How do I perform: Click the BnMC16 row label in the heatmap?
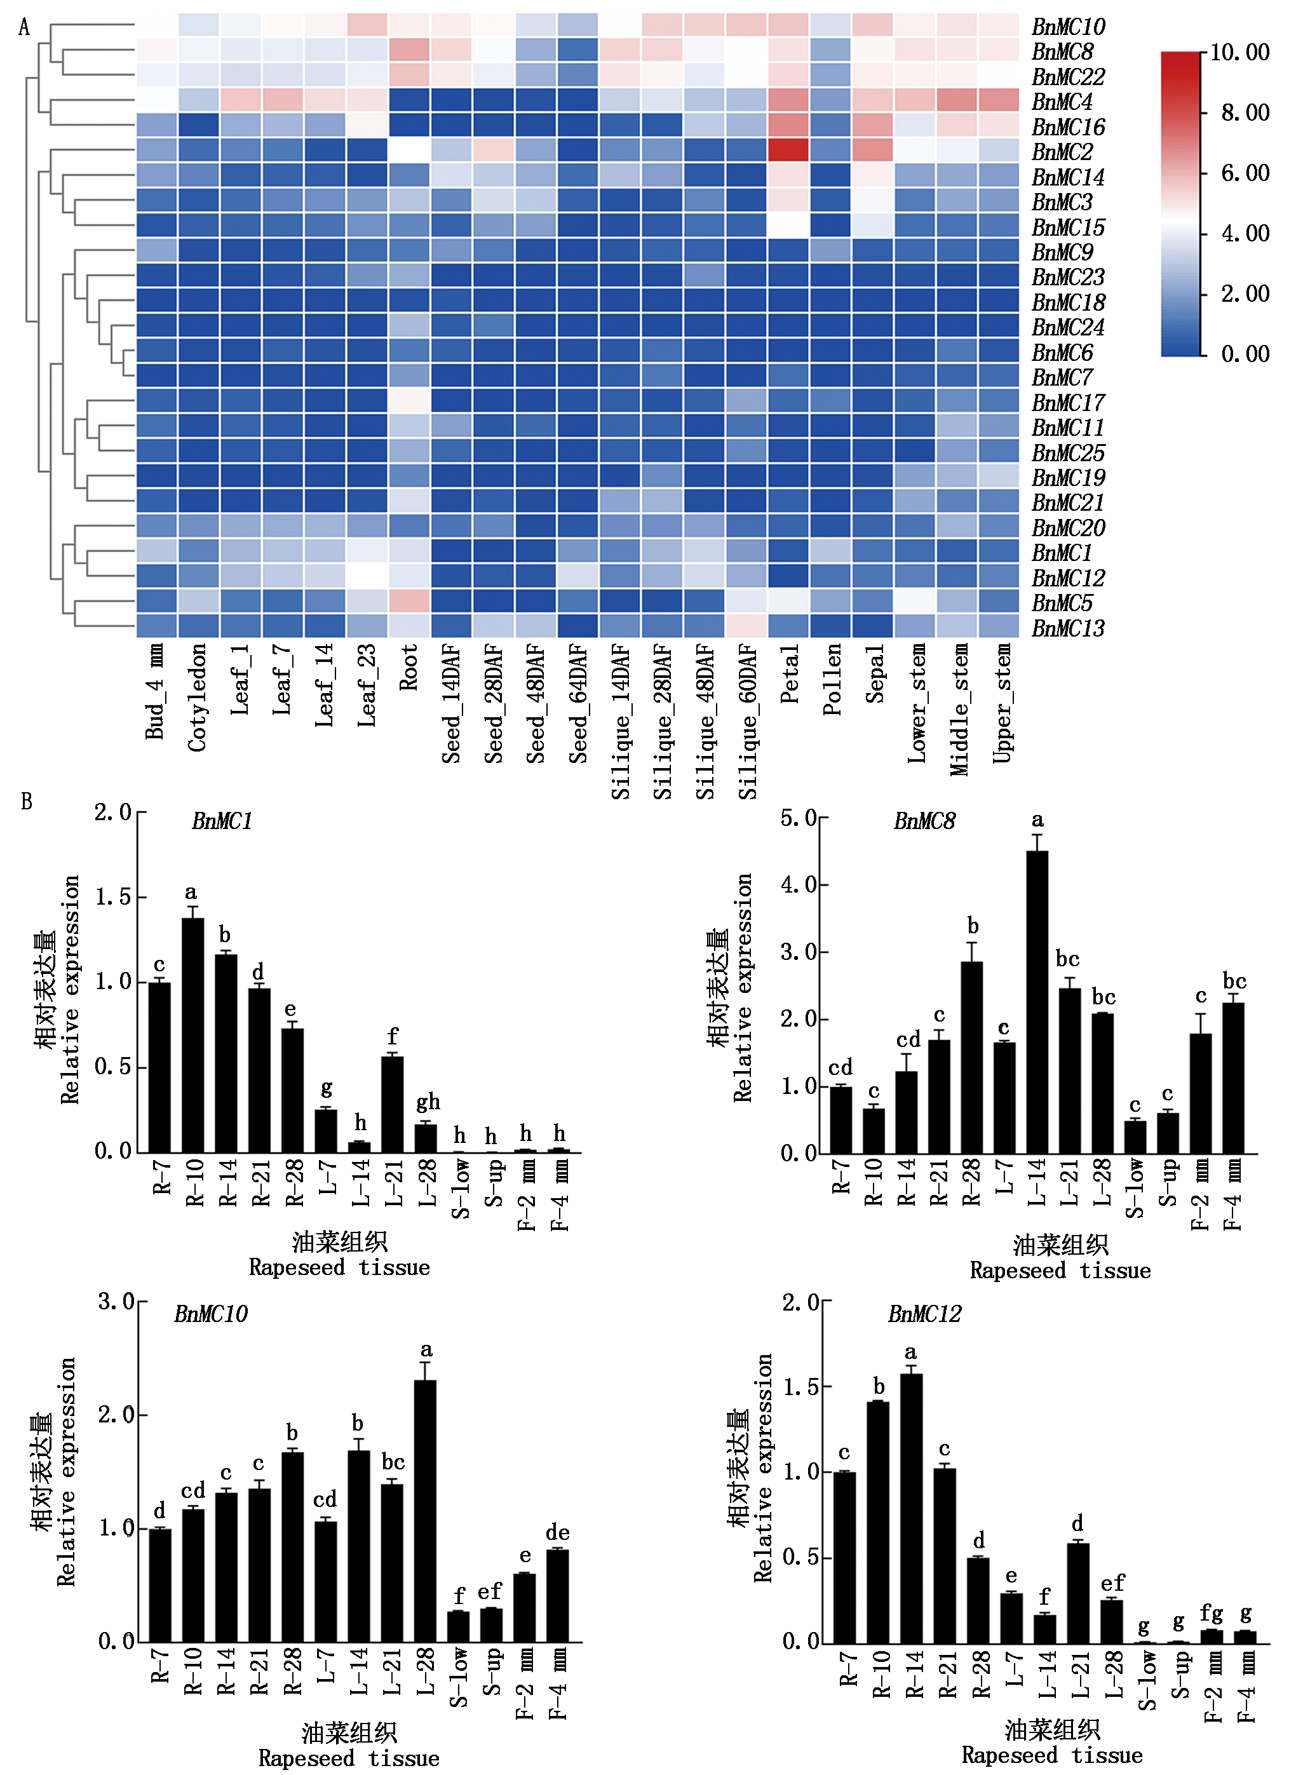coord(1068,127)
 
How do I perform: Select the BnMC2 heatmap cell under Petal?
coord(787,150)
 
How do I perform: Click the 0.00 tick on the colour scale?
coord(1245,354)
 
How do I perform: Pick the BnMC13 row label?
coord(1068,628)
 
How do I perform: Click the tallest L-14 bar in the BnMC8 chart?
coord(1037,1001)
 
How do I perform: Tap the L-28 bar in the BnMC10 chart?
coord(424,1511)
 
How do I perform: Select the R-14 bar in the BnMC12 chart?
coord(911,1508)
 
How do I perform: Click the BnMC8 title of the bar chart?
coord(924,821)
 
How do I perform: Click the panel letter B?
coord(26,802)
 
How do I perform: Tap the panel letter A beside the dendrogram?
coord(24,27)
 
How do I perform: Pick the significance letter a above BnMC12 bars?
coord(911,1353)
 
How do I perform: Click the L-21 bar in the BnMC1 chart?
coord(392,1104)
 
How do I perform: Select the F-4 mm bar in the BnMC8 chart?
coord(1233,1077)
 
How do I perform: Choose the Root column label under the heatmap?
coord(408,667)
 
